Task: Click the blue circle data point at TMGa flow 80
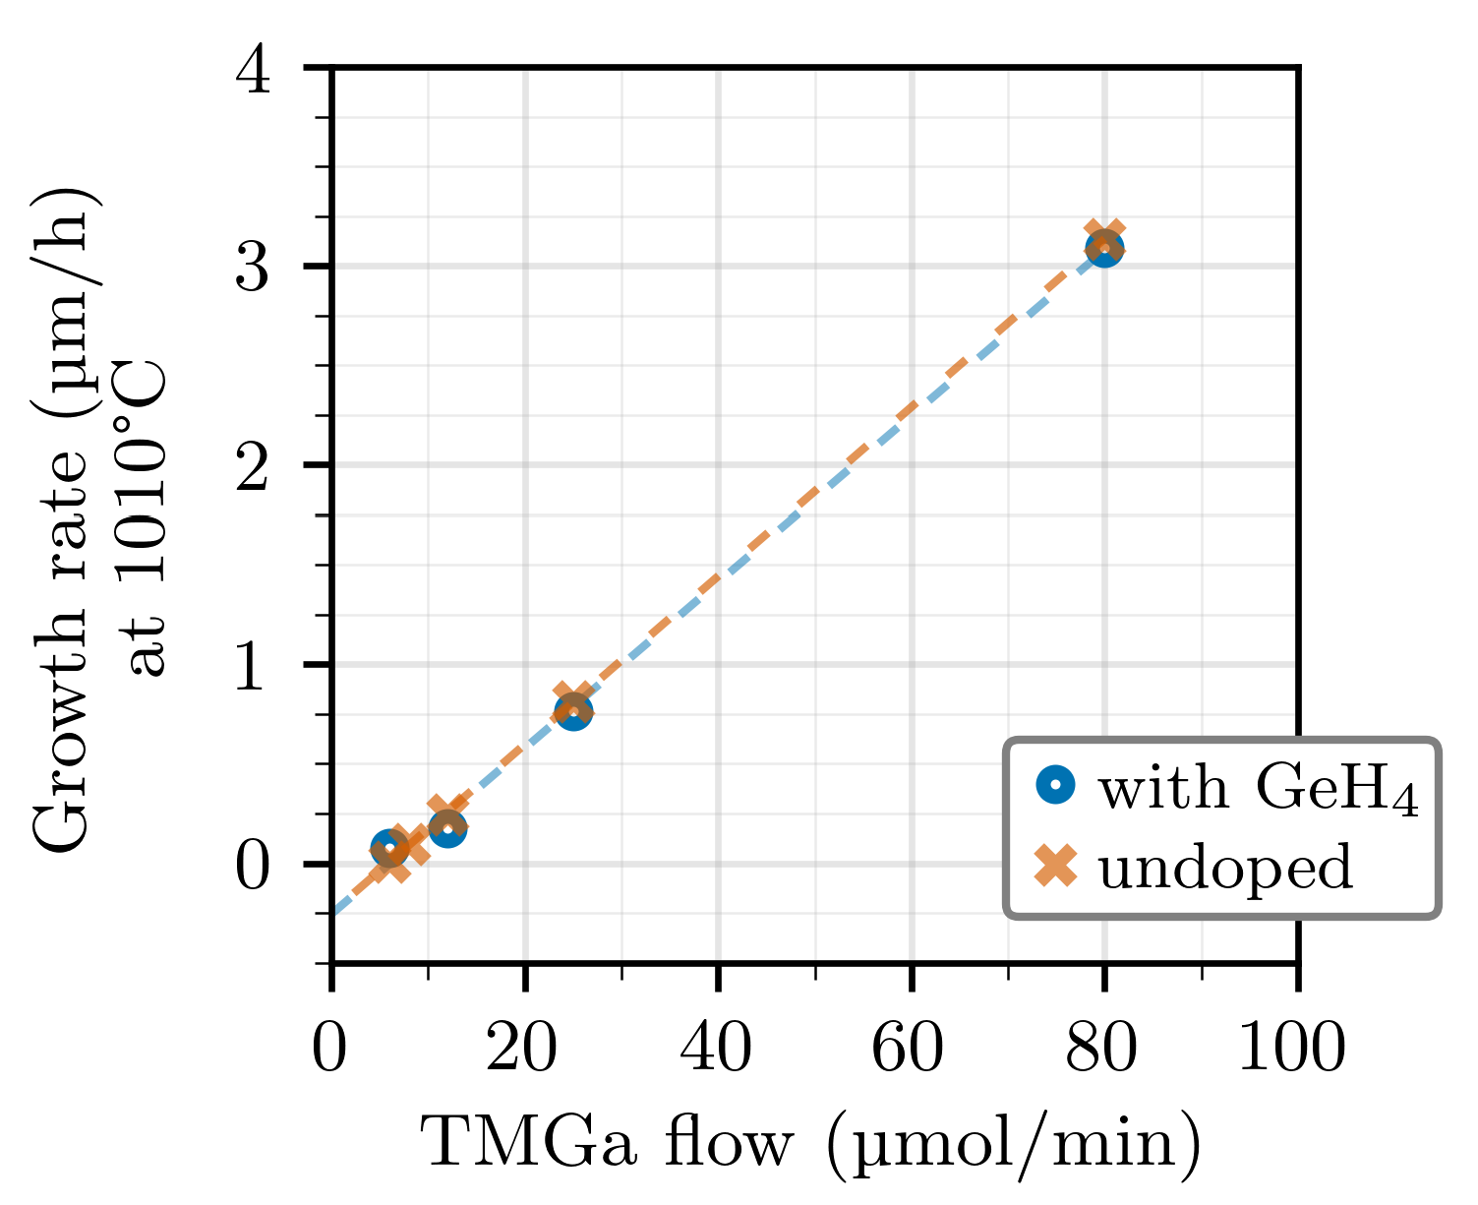1104,248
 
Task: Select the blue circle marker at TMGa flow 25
573,711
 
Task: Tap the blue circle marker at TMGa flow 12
447,828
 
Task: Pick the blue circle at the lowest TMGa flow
389,848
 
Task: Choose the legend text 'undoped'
1225,868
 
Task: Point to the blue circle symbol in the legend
1056,785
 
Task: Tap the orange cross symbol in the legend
1056,866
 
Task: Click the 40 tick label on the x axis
717,1050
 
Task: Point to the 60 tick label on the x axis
910,1050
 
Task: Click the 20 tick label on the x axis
523,1050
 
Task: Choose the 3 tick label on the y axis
254,268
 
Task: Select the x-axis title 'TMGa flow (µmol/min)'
811,1145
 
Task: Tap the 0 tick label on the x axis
330,1050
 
